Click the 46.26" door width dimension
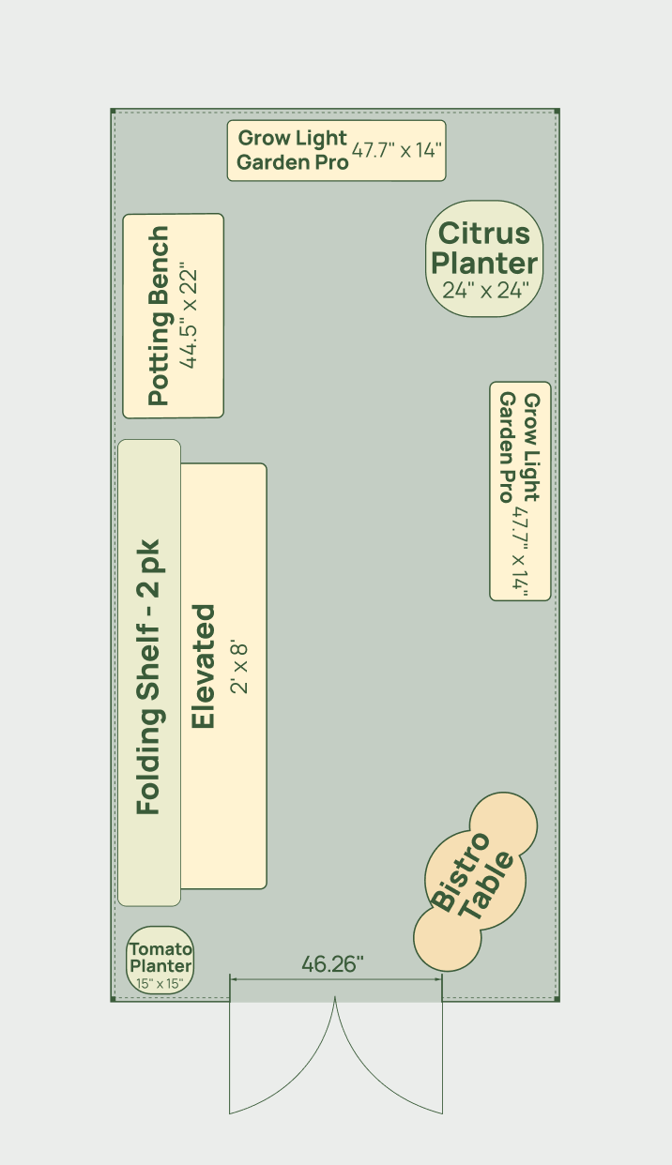tap(332, 963)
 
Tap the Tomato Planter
tap(160, 961)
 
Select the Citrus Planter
tap(484, 259)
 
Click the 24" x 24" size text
tap(485, 290)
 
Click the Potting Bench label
tap(159, 316)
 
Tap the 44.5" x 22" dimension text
tap(188, 318)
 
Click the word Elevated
tap(203, 666)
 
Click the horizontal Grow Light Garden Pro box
tap(337, 151)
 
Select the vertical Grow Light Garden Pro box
tap(520, 491)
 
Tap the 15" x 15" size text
tap(160, 983)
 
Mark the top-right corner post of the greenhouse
tap(557, 111)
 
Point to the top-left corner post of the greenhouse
tap(113, 111)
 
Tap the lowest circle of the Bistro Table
tap(447, 938)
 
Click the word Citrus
tap(484, 233)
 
